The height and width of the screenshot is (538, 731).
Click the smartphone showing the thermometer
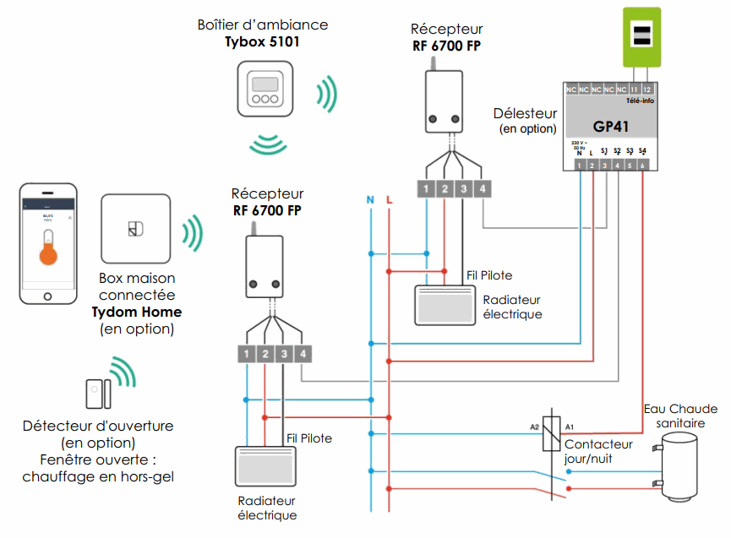[48, 244]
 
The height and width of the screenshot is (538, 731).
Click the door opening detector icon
[97, 394]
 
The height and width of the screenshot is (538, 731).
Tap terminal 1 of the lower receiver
[244, 353]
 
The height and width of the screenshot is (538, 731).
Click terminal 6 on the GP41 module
[643, 166]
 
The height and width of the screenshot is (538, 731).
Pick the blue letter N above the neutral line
[370, 200]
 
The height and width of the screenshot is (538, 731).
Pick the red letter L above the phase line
[389, 200]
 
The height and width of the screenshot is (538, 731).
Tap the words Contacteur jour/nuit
[598, 451]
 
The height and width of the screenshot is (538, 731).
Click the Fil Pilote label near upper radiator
[489, 275]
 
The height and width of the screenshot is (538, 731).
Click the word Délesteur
[526, 113]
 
